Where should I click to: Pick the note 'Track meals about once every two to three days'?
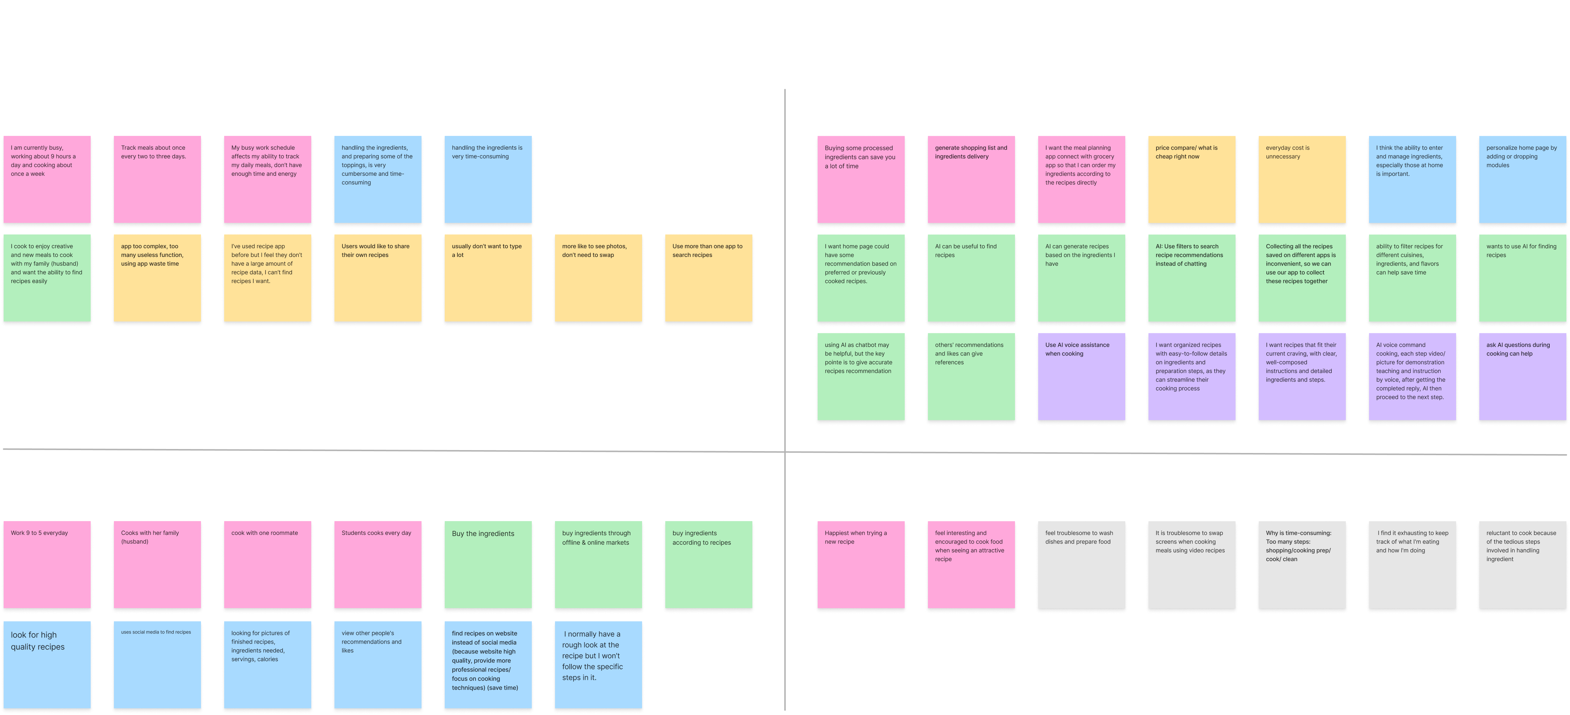pyautogui.click(x=157, y=180)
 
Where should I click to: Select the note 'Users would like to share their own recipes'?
pyautogui.click(x=378, y=279)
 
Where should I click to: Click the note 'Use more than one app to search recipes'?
pyautogui.click(x=708, y=279)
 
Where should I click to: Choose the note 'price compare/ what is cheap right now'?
pyautogui.click(x=1192, y=180)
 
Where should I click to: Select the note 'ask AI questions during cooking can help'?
pyautogui.click(x=1522, y=378)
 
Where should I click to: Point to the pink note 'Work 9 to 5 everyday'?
pyautogui.click(x=47, y=565)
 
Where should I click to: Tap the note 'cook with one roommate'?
pyautogui.click(x=268, y=565)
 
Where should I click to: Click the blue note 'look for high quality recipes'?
pyautogui.click(x=47, y=665)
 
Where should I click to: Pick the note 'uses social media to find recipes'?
pyautogui.click(x=157, y=665)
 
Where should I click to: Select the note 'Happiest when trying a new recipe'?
pyautogui.click(x=860, y=565)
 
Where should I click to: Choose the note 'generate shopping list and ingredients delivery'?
pyautogui.click(x=971, y=180)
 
